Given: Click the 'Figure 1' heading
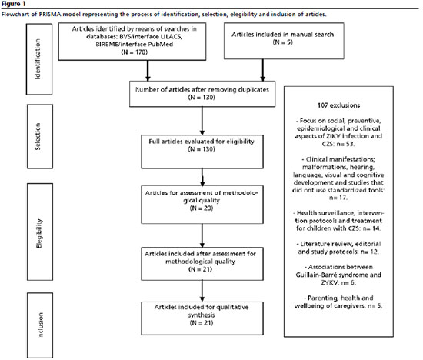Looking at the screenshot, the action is pos(12,5).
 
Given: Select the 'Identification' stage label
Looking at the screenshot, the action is pos(38,59).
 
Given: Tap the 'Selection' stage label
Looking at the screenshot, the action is pos(38,136).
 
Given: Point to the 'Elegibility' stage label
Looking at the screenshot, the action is pos(39,233).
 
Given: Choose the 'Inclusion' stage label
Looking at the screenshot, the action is pos(40,325).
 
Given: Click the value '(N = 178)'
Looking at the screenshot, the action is pos(135,52).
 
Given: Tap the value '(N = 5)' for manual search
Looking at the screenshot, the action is pos(283,42).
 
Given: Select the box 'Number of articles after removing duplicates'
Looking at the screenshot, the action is pos(202,94).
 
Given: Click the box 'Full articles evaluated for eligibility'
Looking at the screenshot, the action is pos(202,152).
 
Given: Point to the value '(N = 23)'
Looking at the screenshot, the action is pos(202,208).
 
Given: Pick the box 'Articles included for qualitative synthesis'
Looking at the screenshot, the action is pos(202,318).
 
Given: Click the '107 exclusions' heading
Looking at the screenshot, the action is pos(338,105).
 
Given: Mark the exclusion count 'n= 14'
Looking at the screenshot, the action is pos(371,228).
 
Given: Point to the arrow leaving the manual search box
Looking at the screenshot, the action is pos(263,70).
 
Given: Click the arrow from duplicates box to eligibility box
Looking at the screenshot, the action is pos(202,121).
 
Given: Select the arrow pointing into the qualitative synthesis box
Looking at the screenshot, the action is pos(202,291).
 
